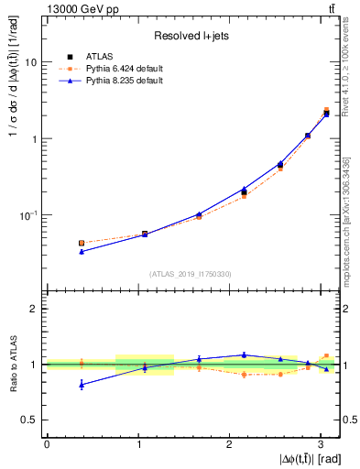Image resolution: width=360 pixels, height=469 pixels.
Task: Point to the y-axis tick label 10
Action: (31, 62)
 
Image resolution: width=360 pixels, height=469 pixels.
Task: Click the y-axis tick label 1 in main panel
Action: (34, 139)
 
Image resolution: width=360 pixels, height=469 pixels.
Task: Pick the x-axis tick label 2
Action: (230, 445)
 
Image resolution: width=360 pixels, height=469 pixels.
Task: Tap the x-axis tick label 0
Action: (47, 445)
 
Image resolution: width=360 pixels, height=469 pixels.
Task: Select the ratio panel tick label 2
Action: (34, 310)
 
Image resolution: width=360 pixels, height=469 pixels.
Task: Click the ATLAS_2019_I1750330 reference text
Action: (191, 274)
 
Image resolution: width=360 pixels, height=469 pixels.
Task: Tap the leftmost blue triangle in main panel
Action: (82, 251)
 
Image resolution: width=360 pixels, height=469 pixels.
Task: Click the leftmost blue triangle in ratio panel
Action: (82, 385)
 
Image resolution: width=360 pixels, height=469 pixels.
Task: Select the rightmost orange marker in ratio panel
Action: (326, 355)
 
